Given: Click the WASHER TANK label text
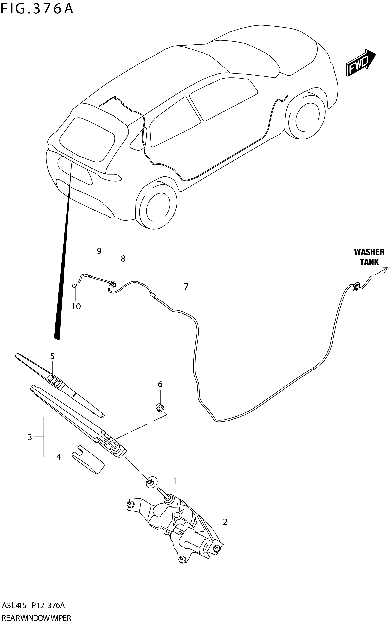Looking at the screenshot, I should coord(369,257).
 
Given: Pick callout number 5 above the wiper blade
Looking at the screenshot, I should coord(52,356).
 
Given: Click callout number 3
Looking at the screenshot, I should coord(30,437).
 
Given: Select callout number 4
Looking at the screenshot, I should coord(59,457).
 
